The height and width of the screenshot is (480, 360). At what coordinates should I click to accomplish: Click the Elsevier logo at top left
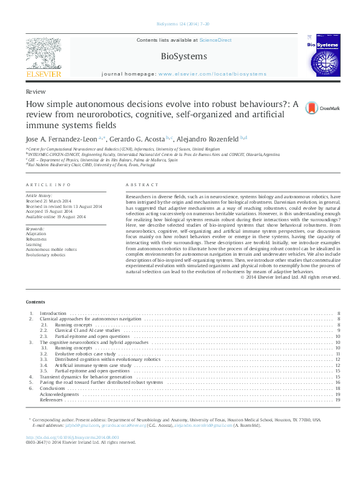pyautogui.click(x=44, y=58)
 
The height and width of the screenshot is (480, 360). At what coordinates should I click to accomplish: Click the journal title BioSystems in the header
pyautogui.click(x=183, y=56)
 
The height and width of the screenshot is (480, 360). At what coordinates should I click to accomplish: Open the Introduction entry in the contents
pyautogui.click(x=53, y=314)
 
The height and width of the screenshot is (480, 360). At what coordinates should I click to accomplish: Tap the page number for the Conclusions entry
pyautogui.click(x=338, y=389)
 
